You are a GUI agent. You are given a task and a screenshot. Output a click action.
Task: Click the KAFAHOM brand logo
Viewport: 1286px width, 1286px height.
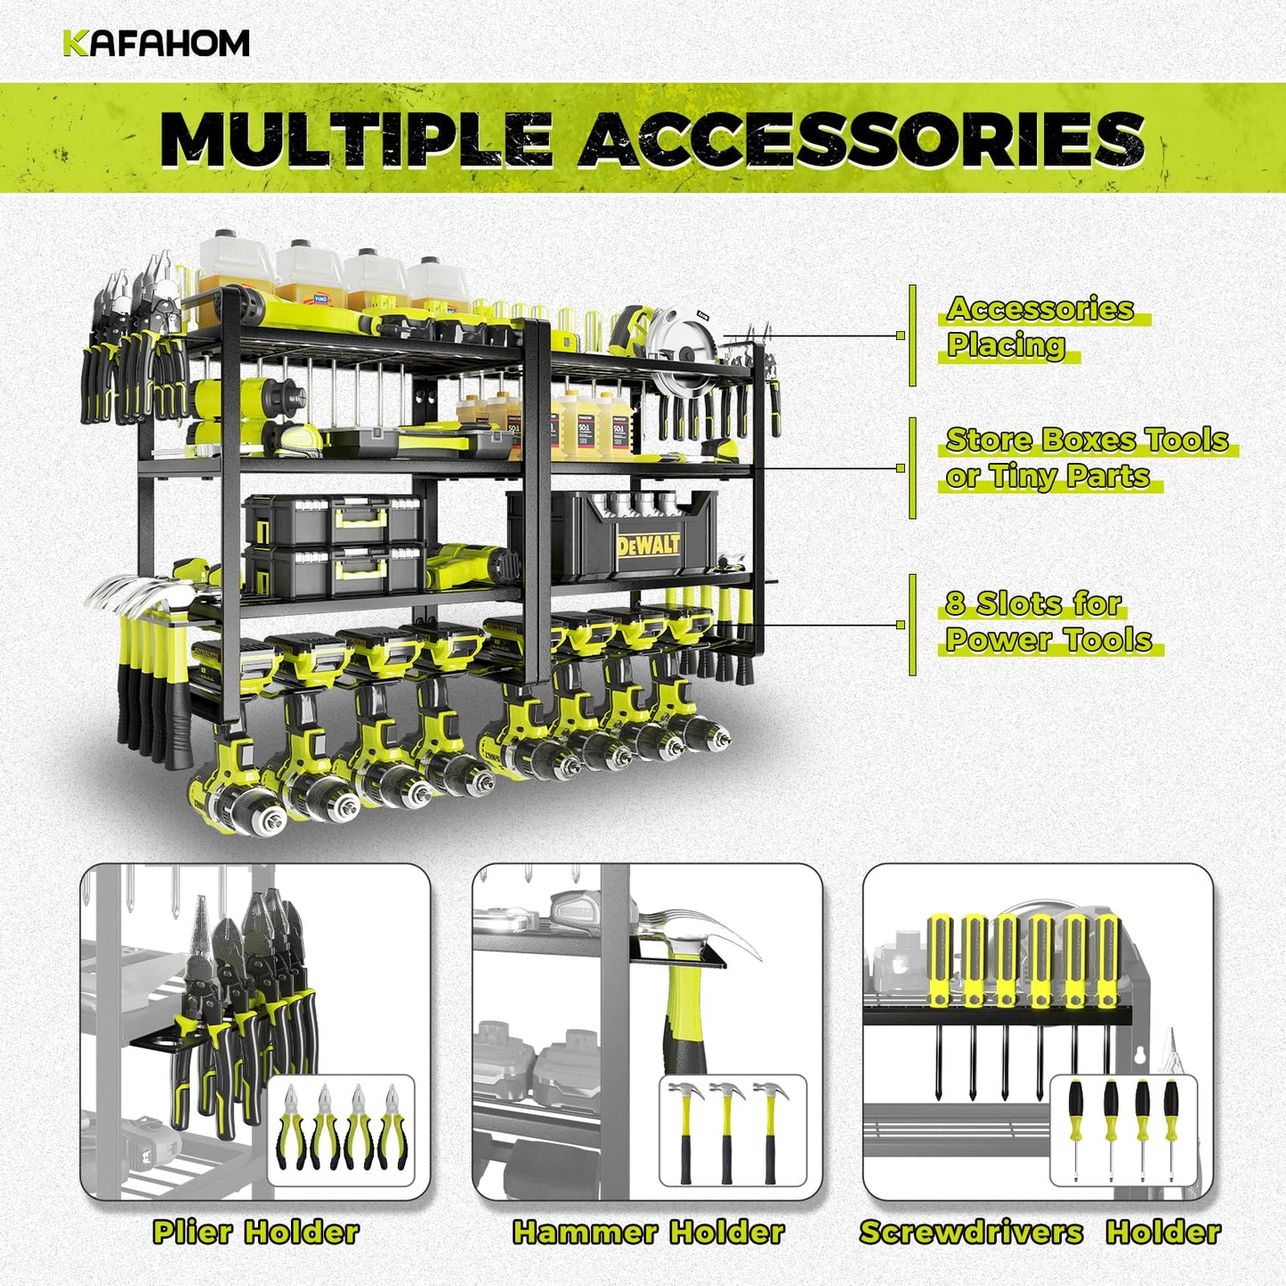tap(156, 44)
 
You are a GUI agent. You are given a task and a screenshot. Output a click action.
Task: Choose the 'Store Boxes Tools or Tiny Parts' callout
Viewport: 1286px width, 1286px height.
tap(1087, 457)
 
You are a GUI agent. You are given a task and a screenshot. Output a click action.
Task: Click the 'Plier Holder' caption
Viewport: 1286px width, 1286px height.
tap(255, 1232)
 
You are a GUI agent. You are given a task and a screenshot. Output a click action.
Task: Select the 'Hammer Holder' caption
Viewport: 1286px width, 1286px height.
tap(648, 1232)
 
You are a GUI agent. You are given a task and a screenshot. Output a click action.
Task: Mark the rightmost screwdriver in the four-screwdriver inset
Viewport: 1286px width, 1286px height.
tap(1170, 1128)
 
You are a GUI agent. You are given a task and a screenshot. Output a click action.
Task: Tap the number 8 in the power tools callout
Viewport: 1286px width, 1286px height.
tap(955, 604)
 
